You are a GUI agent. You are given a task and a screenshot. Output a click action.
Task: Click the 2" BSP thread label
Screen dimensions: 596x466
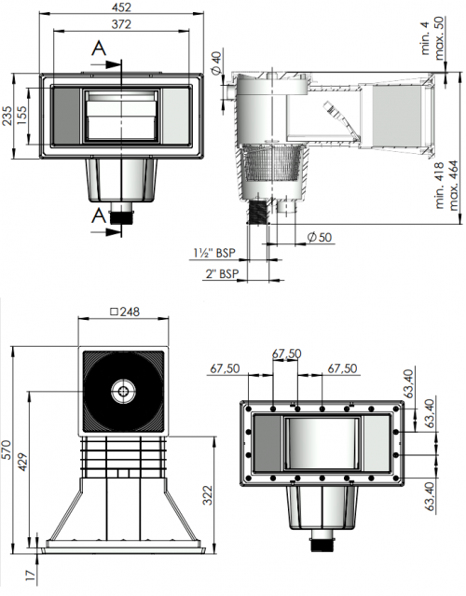click(x=222, y=272)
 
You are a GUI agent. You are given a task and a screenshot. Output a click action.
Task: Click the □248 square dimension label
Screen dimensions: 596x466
click(x=124, y=312)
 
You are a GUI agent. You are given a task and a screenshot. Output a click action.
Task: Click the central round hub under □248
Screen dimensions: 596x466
click(x=124, y=392)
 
